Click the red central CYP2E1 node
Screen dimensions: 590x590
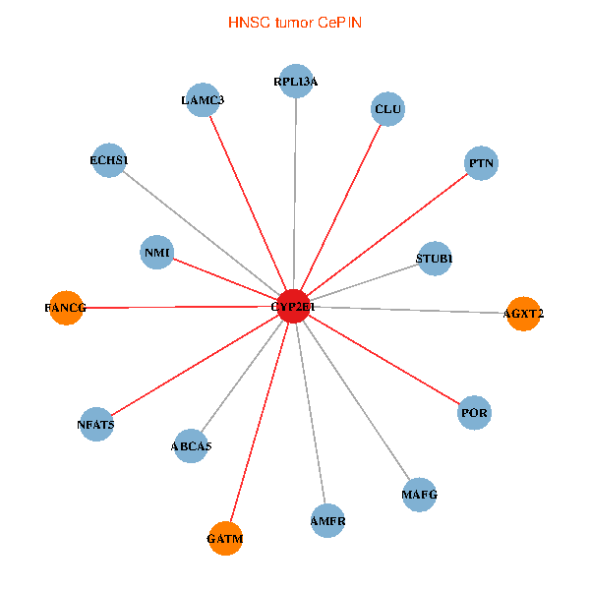click(294, 307)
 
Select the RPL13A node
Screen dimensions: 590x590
click(296, 82)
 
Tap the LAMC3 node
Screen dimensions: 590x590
click(202, 99)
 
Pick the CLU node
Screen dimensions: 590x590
click(388, 109)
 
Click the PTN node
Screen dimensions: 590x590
click(481, 162)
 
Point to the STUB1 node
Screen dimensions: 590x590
click(434, 259)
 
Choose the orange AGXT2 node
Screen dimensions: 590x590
click(523, 314)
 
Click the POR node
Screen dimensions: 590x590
click(474, 413)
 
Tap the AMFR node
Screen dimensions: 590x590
click(327, 520)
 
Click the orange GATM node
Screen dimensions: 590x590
click(225, 538)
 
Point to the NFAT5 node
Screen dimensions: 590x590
click(96, 425)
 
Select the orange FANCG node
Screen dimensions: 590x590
click(66, 308)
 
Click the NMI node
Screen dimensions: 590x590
click(157, 253)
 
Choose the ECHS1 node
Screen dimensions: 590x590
click(108, 160)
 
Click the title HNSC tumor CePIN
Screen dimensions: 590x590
click(295, 22)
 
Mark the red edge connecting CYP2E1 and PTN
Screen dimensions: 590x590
click(387, 235)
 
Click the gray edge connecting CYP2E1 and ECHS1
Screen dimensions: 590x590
click(202, 234)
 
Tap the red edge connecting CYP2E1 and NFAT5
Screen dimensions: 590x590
click(196, 366)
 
